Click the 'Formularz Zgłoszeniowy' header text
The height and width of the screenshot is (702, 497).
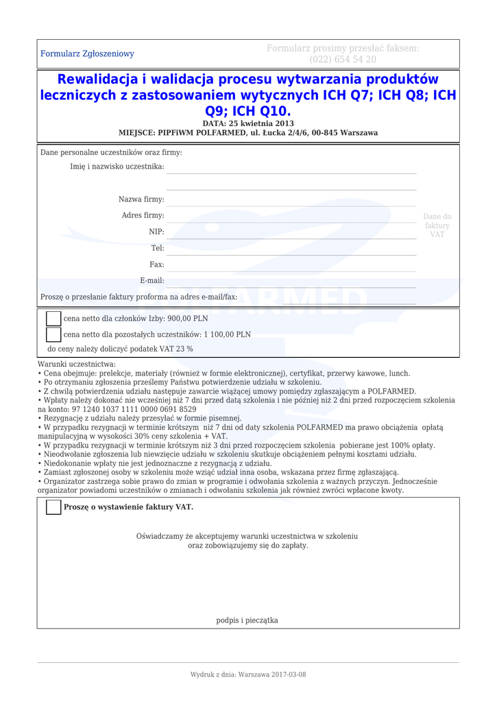coord(87,53)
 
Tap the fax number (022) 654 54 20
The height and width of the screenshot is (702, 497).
coord(342,60)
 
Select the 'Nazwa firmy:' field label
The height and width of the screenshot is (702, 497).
coord(141,199)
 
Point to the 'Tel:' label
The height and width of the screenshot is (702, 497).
coord(157,248)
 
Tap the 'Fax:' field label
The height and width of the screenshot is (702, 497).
coord(156,264)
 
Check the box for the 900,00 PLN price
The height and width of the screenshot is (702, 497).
coord(53,319)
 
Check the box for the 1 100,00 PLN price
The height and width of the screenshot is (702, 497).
coord(53,335)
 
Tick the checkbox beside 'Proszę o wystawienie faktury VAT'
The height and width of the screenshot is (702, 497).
coord(53,507)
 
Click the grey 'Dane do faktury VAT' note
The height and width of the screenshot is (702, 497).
coord(437,226)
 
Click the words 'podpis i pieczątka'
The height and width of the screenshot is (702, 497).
coord(247,620)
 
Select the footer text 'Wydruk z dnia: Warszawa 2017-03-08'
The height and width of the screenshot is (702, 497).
coord(248,675)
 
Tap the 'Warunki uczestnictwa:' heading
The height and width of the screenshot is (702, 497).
coord(77,365)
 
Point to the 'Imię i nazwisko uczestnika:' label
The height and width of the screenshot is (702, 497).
coord(117,167)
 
